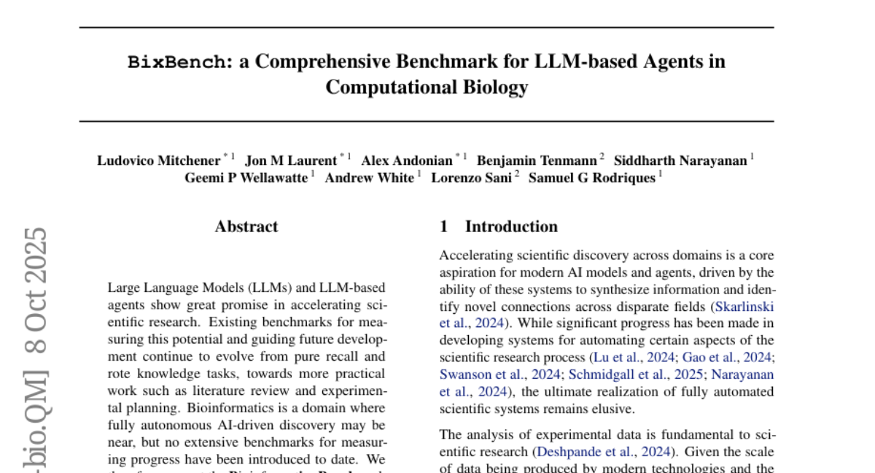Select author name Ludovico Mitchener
click(159, 161)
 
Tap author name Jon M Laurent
click(291, 161)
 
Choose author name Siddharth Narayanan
click(680, 161)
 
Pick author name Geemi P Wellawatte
click(246, 178)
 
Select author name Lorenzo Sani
click(471, 178)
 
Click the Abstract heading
click(246, 227)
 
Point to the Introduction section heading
click(511, 227)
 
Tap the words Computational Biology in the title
click(427, 88)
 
